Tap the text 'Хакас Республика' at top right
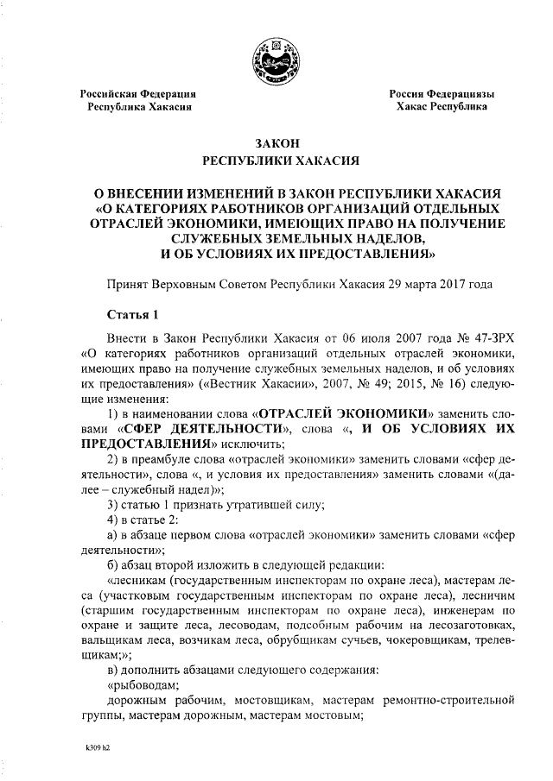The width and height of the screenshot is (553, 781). [x=441, y=108]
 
